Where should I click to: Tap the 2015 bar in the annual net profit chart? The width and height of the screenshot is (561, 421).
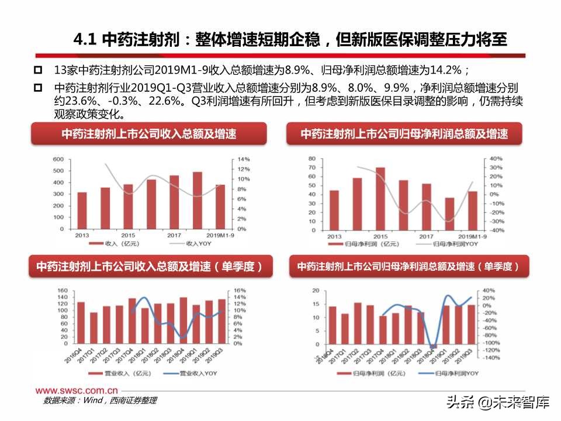pos(380,199)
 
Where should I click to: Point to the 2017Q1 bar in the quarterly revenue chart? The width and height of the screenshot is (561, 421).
pos(93,330)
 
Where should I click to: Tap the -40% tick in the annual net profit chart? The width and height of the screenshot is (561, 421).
pos(496,230)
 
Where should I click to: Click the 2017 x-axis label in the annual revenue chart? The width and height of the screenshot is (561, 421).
pos(174,234)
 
